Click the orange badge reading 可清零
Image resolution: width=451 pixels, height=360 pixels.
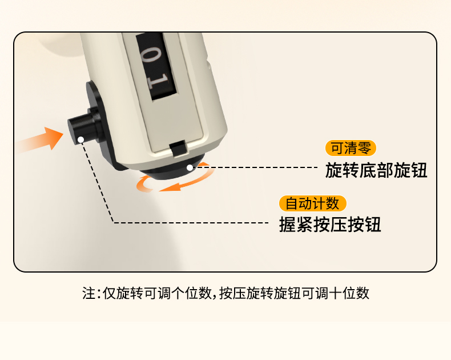point(351,148)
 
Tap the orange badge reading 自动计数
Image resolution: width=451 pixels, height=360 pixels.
point(313,203)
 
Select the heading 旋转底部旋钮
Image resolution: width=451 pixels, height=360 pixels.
point(376,170)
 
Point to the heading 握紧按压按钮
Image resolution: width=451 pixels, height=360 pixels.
point(330,225)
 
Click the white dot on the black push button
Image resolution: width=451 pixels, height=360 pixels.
point(81,139)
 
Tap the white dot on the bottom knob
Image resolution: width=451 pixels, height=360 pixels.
point(190,167)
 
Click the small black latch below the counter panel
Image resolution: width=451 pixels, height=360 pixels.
point(178,149)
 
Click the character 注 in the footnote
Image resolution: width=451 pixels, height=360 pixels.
point(88,293)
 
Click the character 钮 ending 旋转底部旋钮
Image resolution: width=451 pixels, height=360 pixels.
point(419,170)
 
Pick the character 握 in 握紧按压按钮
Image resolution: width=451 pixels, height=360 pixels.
point(287,225)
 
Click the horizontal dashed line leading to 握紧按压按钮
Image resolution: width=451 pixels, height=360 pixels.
point(191,223)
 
